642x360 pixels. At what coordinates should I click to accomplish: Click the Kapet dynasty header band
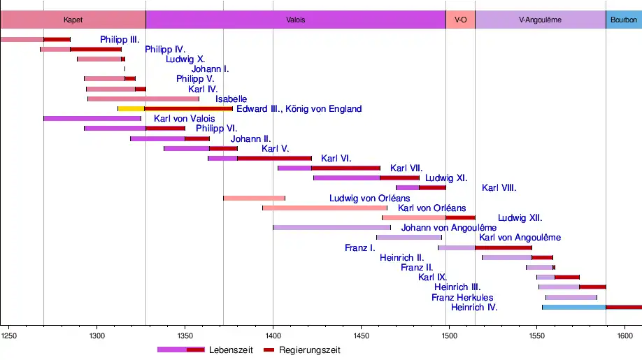73,20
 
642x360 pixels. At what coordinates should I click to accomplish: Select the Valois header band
296,20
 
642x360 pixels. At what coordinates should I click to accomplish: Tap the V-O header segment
460,20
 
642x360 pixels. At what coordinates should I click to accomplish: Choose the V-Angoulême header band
540,20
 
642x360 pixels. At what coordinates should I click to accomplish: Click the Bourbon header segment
623,20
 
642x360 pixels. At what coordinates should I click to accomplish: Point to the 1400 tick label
273,336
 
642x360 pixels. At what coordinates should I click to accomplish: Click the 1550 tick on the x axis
536,336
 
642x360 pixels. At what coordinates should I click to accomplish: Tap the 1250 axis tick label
9,336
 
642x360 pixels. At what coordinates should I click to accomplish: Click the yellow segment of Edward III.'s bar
131,108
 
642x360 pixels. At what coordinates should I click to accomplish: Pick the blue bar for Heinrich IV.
573,307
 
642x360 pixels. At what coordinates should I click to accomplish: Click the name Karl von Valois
184,119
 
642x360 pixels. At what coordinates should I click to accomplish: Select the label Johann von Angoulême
448,228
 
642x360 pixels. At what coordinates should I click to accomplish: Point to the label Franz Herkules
462,297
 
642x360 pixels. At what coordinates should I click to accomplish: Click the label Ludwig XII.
520,217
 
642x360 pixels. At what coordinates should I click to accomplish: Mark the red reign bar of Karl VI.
274,159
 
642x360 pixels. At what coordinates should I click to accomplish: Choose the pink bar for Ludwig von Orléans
254,198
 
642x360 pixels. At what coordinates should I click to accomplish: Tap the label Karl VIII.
499,187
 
